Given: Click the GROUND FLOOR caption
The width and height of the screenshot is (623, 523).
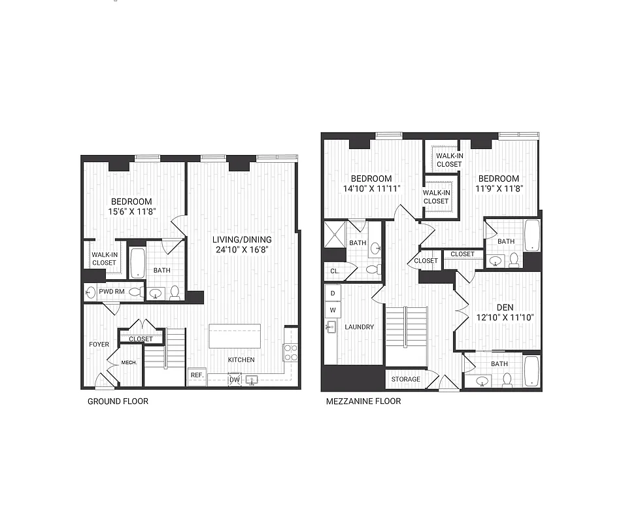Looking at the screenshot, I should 118,401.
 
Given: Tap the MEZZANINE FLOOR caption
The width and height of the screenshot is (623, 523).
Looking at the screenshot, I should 363,401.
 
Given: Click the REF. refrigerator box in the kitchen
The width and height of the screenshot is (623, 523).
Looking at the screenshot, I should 197,375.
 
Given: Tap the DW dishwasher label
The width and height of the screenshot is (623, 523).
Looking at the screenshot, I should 234,379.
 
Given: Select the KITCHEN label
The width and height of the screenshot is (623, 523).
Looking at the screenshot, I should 241,360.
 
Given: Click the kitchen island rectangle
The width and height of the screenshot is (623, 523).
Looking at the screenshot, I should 235,336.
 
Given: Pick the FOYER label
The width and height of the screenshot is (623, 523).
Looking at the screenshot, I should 99,343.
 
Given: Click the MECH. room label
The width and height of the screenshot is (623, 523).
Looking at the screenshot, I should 129,363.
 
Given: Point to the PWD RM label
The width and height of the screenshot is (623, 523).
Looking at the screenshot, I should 111,292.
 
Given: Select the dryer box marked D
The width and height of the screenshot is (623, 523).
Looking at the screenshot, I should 332,294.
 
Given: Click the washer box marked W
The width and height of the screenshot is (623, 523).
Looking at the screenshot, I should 332,309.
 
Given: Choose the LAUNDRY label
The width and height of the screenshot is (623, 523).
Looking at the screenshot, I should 359,327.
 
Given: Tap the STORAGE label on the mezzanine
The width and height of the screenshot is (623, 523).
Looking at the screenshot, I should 405,379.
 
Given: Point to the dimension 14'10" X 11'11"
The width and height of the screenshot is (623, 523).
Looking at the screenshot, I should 371,189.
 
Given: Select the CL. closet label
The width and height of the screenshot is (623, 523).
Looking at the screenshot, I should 334,270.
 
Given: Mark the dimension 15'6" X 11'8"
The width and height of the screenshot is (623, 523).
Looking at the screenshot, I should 131,212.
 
